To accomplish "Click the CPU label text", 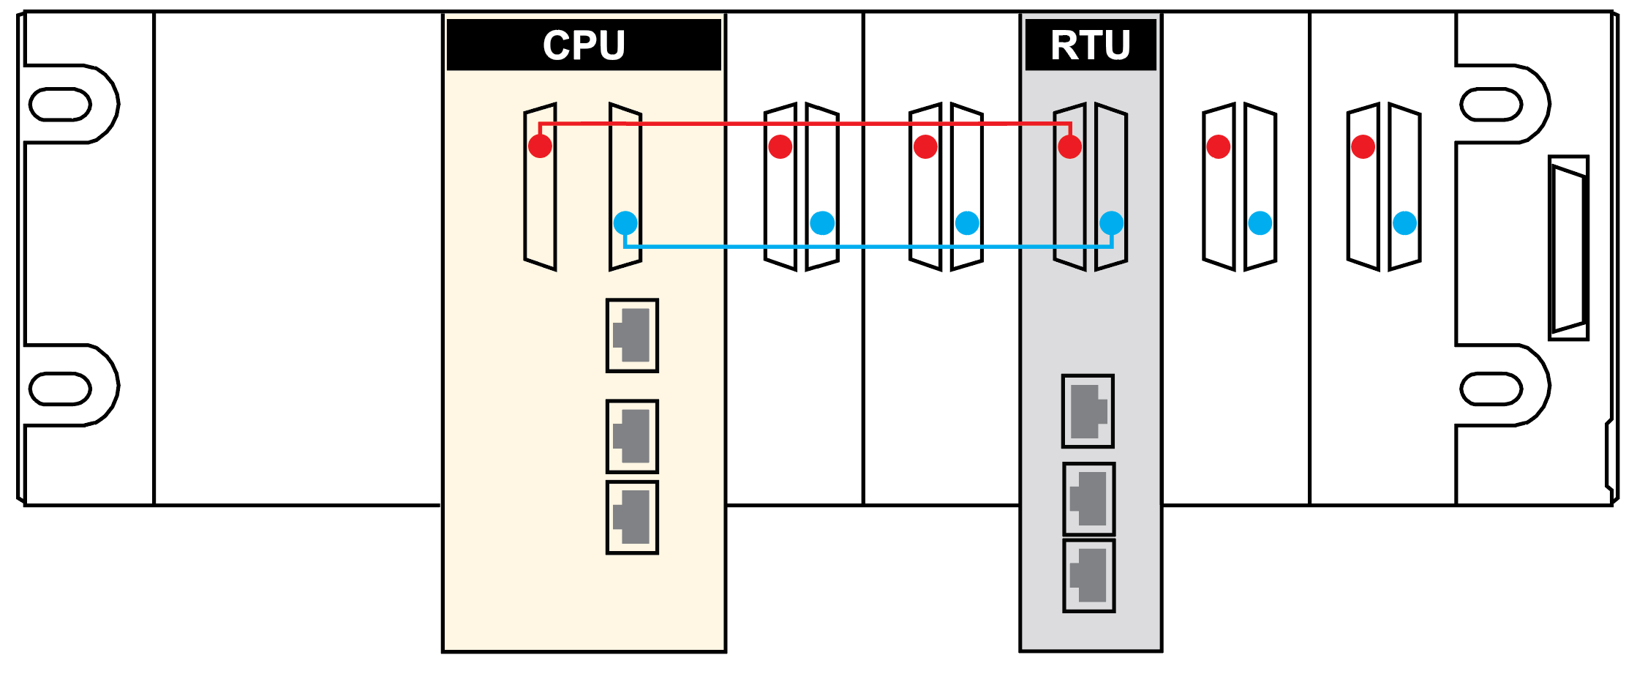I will [584, 45].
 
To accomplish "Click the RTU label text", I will [1090, 45].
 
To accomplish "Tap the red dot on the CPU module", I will [540, 146].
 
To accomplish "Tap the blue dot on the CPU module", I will [625, 223].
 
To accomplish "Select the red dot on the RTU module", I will [1069, 146].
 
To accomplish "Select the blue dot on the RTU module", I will [1111, 223].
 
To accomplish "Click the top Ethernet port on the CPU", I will [632, 336].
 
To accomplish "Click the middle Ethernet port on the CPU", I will [632, 437].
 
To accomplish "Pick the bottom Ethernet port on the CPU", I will [632, 517].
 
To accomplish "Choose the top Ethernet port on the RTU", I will [1088, 411].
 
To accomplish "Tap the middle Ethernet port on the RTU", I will [1088, 499].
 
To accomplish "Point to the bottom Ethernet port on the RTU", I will [1088, 576].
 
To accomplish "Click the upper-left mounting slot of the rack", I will [60, 104].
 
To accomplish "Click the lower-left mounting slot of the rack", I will [60, 389].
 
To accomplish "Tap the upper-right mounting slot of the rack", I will [1491, 104].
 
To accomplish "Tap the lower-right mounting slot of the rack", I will [1491, 389].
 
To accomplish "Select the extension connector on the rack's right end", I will [1568, 248].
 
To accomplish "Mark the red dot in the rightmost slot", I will [1363, 146].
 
